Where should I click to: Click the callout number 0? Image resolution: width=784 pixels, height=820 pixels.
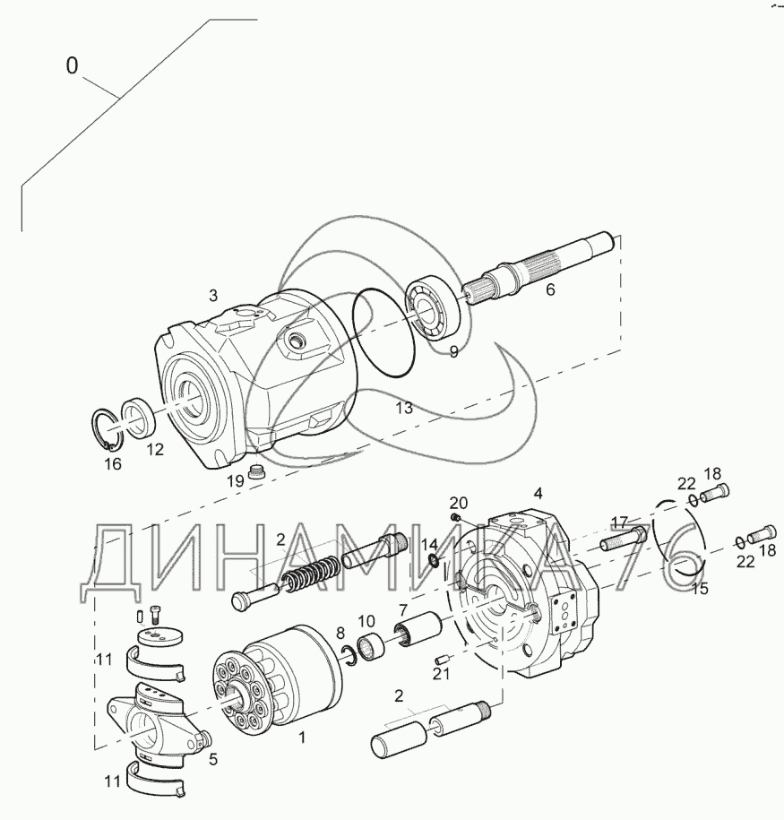[73, 66]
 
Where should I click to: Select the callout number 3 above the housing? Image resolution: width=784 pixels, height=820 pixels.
[213, 296]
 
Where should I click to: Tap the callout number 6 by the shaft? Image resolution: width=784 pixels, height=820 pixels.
[550, 289]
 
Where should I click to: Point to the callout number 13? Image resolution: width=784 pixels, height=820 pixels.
[404, 408]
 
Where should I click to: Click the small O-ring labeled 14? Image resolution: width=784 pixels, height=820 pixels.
[433, 561]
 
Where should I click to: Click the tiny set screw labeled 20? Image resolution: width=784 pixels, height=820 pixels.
[454, 517]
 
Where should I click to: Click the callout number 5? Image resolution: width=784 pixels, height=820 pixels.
[213, 759]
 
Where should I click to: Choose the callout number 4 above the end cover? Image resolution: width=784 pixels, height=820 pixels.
[538, 493]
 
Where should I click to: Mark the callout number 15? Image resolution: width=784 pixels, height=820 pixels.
[699, 589]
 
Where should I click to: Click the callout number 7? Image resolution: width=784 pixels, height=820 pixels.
[402, 610]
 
